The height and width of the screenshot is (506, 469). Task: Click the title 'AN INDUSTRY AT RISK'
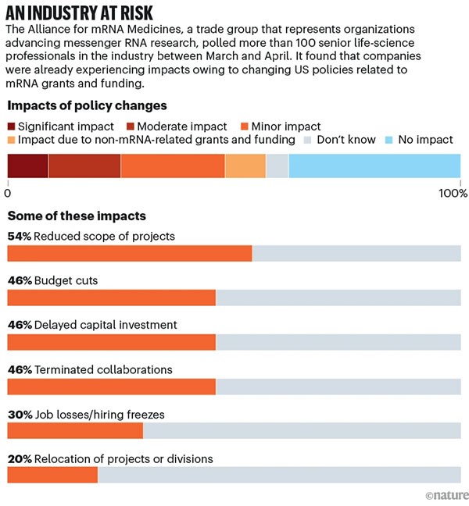80,12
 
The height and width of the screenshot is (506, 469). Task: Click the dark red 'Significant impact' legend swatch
13,126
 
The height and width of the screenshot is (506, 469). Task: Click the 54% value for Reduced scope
19,236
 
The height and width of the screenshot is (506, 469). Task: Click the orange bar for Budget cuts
111,298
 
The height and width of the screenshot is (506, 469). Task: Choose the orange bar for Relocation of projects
52,475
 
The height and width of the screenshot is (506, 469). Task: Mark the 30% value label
19,414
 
